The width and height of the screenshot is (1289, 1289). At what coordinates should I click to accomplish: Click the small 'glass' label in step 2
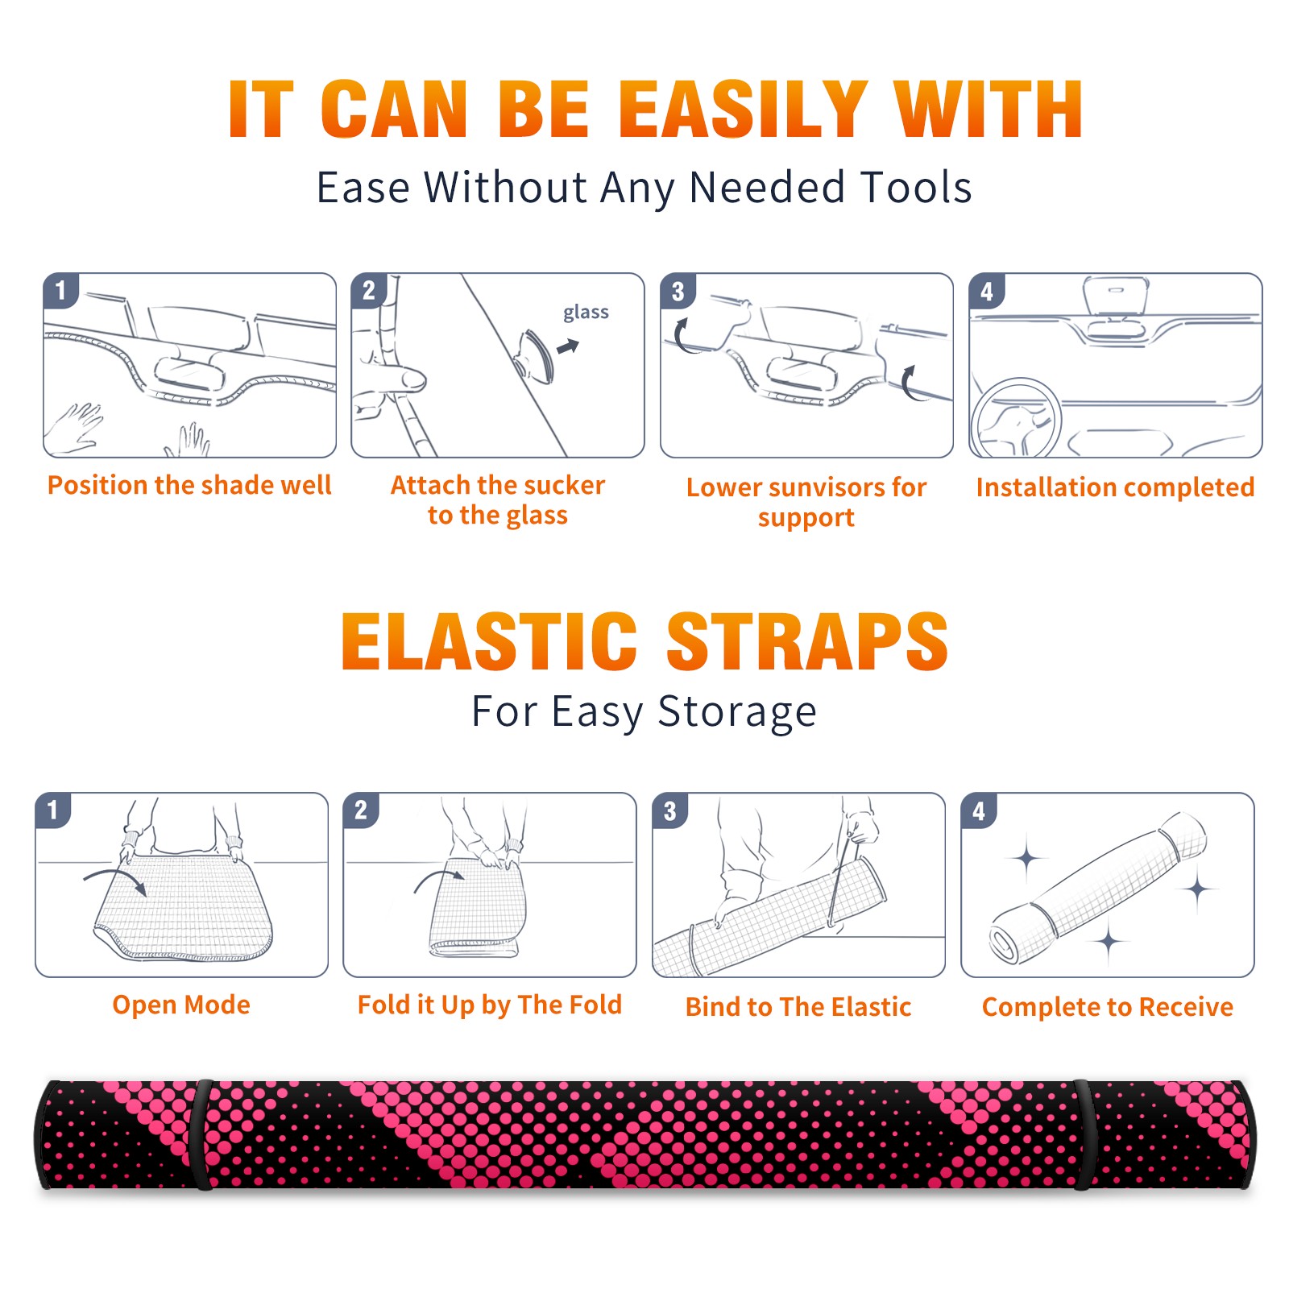[586, 313]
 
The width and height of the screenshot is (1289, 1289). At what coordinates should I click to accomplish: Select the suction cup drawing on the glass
[536, 355]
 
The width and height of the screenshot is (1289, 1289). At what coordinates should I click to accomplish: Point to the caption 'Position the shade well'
[189, 485]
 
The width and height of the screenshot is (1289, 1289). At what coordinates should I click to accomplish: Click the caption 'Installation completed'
[1115, 487]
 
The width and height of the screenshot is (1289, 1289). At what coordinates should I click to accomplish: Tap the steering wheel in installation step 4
[1016, 417]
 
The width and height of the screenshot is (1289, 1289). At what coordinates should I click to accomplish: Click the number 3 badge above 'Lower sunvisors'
[678, 292]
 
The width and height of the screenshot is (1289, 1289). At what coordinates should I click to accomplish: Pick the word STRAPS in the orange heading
[807, 641]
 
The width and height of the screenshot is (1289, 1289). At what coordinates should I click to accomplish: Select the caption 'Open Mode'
[181, 1005]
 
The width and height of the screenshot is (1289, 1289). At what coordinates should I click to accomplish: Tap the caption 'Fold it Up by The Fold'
[490, 1005]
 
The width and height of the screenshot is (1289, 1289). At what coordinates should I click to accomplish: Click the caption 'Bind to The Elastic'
[798, 1007]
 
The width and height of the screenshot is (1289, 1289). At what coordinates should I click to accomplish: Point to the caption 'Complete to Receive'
[1108, 1007]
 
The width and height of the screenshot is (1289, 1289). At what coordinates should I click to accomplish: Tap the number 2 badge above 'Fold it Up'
[361, 810]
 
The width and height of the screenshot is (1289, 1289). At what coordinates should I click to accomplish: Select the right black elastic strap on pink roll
[1082, 1134]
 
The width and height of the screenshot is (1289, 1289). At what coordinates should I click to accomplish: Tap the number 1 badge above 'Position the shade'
[60, 290]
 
